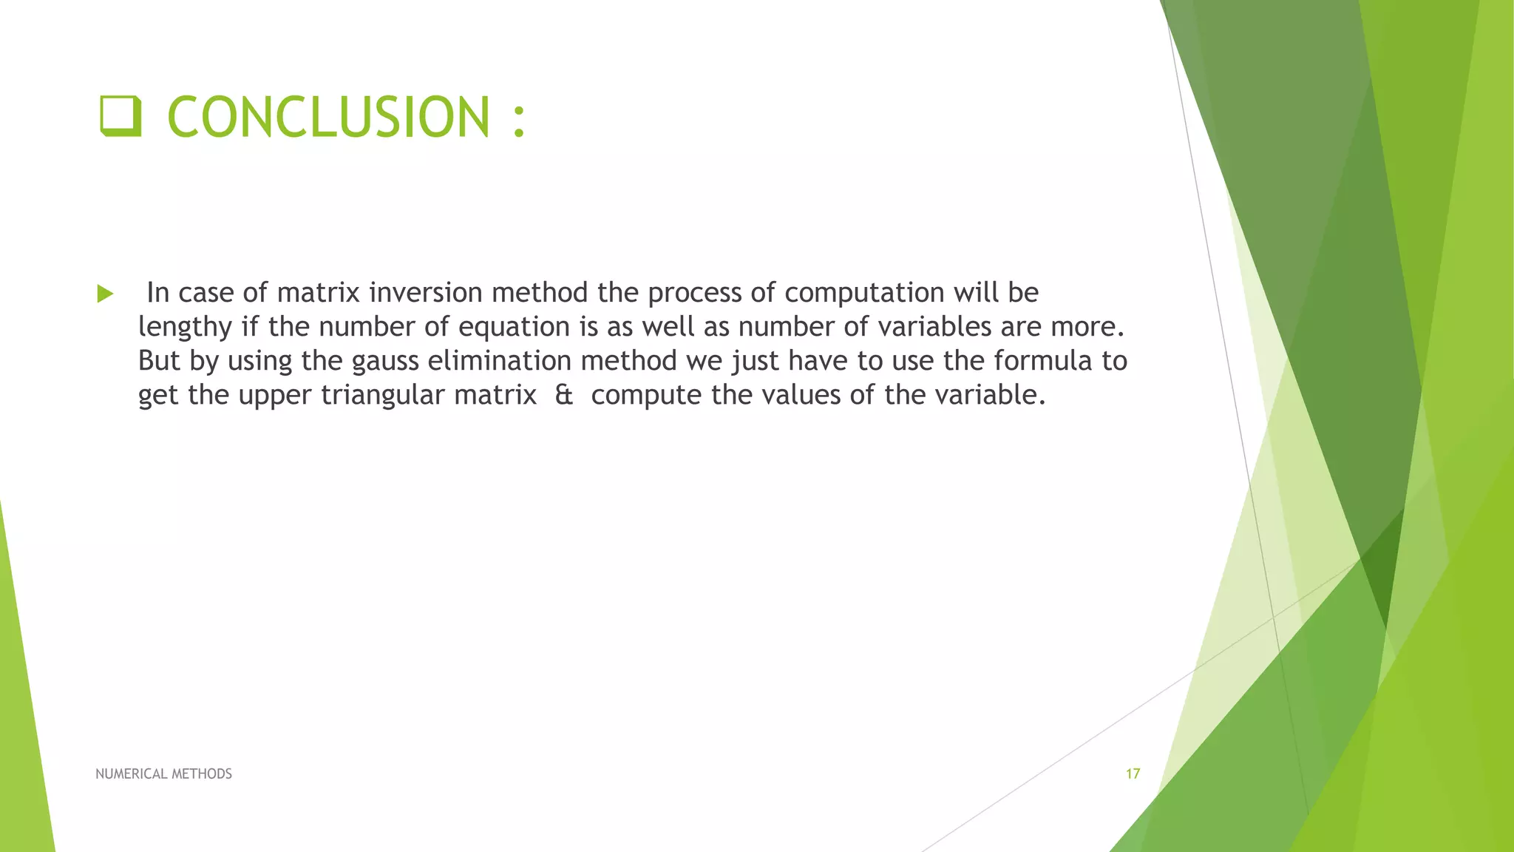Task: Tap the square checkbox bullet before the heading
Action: (x=120, y=117)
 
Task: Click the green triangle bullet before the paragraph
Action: (x=105, y=294)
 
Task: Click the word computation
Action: (x=864, y=293)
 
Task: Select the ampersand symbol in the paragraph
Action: (x=563, y=395)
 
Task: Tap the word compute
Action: (x=645, y=396)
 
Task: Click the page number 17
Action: (x=1133, y=774)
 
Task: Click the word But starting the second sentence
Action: (x=159, y=361)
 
